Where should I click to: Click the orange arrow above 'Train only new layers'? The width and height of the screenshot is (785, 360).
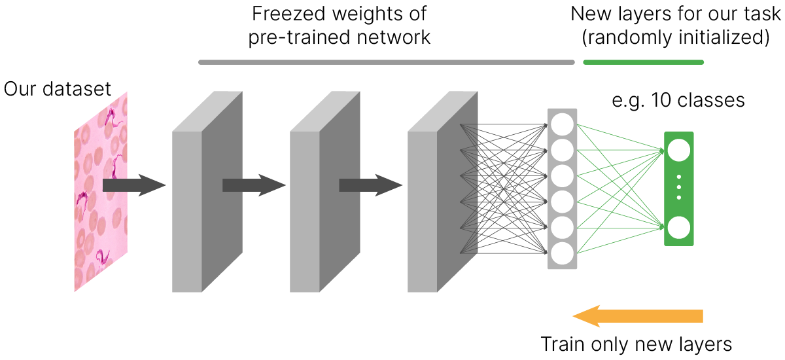coord(638,317)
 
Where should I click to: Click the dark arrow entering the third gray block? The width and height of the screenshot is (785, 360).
coord(370,185)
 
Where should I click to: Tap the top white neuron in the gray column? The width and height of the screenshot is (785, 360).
coord(563,124)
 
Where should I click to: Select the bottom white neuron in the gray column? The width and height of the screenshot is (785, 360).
coord(563,252)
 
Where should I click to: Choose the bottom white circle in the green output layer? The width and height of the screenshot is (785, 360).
coord(678,228)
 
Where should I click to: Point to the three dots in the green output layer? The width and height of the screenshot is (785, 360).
coord(678,189)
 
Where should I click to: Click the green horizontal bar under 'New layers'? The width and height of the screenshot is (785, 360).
coord(643,63)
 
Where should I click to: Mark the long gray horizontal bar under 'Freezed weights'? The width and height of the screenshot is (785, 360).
coord(386,63)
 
